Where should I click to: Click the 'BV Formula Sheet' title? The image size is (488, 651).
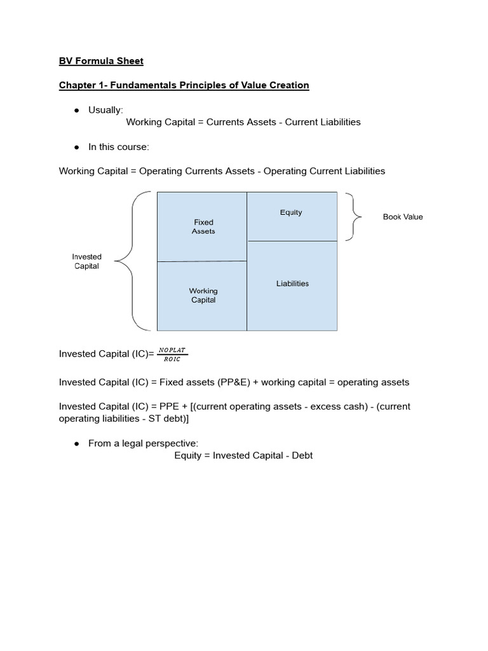[x=101, y=61]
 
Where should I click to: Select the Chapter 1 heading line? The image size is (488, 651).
[x=184, y=85]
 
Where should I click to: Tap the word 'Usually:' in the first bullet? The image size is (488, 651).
[x=105, y=110]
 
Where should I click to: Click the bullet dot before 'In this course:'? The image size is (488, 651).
[x=76, y=147]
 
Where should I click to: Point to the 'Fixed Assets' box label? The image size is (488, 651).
[x=203, y=227]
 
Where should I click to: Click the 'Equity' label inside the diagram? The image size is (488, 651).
[x=291, y=212]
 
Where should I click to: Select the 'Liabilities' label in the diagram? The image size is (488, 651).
[x=292, y=284]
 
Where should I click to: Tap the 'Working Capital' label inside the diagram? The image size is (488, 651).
[x=203, y=296]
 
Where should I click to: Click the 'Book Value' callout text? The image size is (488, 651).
[x=402, y=217]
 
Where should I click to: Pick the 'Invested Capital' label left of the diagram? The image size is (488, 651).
[x=86, y=261]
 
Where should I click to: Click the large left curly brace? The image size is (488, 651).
[x=132, y=261]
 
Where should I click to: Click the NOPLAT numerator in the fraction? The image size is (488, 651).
[x=173, y=349]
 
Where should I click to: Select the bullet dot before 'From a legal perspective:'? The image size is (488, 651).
[x=76, y=443]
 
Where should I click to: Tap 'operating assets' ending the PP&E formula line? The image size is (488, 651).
[x=373, y=382]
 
